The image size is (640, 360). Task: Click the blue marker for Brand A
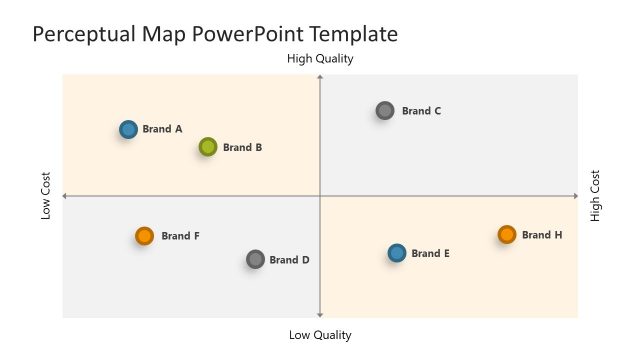[x=128, y=129]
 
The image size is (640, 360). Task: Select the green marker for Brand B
[x=208, y=147]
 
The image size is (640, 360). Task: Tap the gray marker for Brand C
[x=385, y=111]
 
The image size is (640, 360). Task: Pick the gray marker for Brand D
[x=255, y=260]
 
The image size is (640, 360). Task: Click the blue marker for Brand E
[x=397, y=253]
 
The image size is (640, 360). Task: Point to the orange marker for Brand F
[x=144, y=236]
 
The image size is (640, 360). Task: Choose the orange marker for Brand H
[x=507, y=235]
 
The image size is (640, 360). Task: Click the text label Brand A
[x=162, y=129]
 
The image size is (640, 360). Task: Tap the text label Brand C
[x=421, y=111]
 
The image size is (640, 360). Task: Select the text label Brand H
[x=542, y=235]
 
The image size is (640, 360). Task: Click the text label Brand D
[x=290, y=260]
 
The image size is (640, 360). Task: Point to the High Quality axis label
[x=320, y=59]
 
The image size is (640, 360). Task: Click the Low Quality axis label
[x=320, y=335]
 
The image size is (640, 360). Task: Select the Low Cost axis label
[x=46, y=196]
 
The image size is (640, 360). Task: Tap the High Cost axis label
[x=596, y=196]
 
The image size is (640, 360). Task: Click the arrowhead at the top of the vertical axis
[x=320, y=77]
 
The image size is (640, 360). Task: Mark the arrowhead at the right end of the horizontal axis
[x=575, y=196]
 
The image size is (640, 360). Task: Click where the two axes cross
[x=320, y=196]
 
